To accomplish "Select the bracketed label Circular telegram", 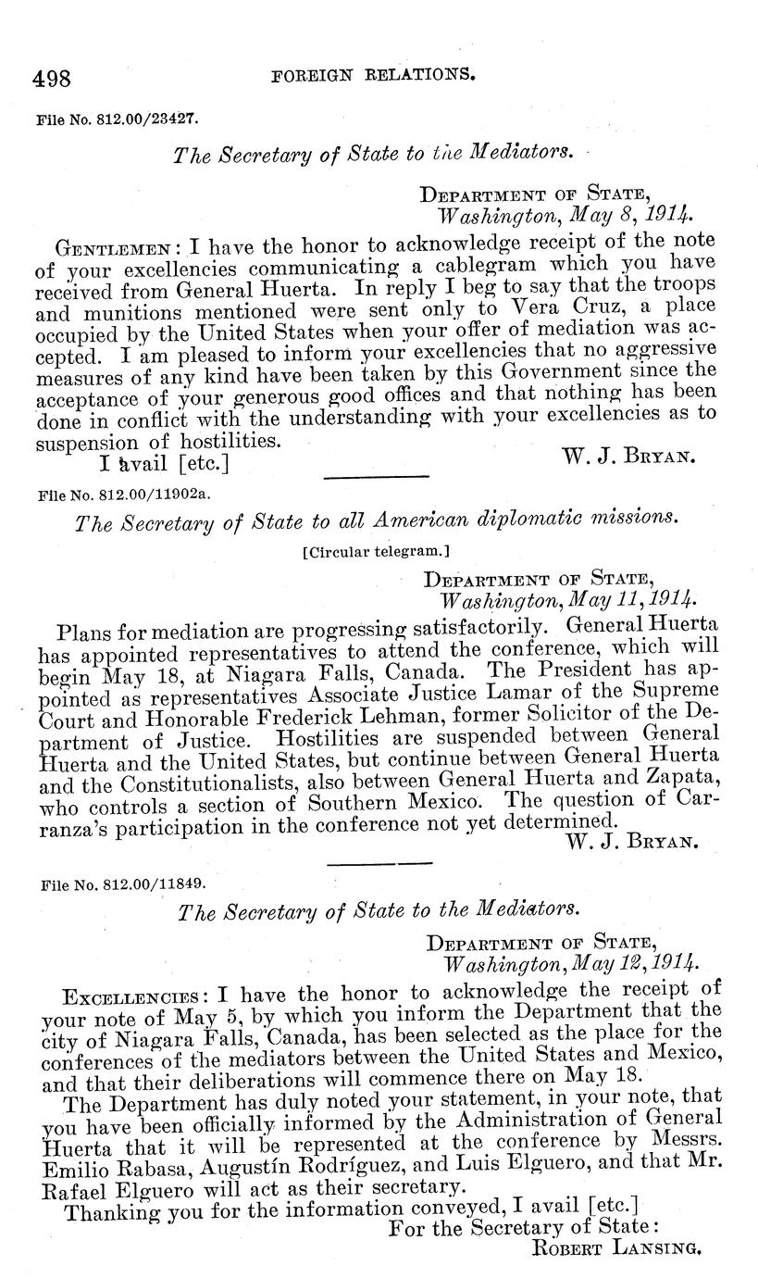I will [x=375, y=553].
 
